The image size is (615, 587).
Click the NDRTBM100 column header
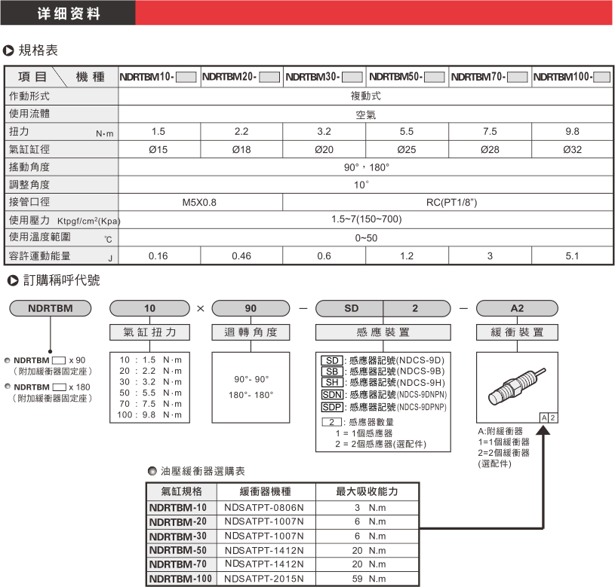coord(572,77)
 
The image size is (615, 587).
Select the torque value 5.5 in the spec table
coord(407,132)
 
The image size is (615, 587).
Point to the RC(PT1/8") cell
coord(448,203)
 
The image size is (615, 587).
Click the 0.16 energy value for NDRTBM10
coord(158,256)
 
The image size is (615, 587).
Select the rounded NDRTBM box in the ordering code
coord(50,308)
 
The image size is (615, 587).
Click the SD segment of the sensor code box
coord(351,308)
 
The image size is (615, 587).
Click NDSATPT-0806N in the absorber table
coord(264,508)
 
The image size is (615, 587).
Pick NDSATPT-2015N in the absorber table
coord(264,579)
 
